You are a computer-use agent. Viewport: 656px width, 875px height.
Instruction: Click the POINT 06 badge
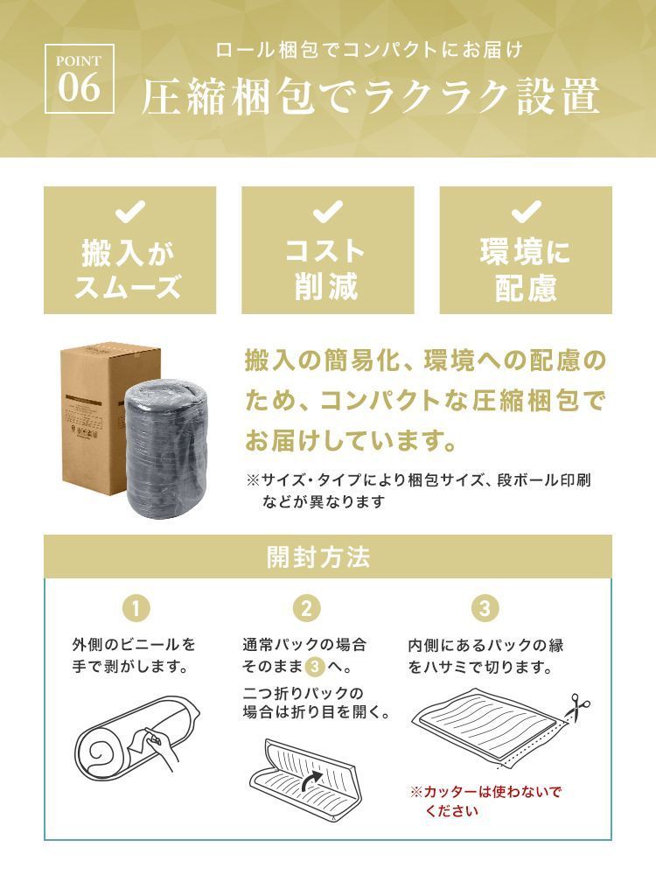pyautogui.click(x=80, y=79)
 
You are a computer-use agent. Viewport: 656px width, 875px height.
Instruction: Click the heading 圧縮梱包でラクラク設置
pyautogui.click(x=370, y=96)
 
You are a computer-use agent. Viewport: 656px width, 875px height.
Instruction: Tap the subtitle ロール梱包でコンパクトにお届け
pyautogui.click(x=369, y=50)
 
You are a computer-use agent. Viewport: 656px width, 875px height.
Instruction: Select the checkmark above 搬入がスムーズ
pyautogui.click(x=129, y=212)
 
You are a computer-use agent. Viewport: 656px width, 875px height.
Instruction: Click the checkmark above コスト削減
pyautogui.click(x=327, y=212)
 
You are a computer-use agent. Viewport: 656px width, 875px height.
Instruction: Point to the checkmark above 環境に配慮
pyautogui.click(x=526, y=212)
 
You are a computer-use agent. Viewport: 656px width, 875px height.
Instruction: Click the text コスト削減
pyautogui.click(x=326, y=269)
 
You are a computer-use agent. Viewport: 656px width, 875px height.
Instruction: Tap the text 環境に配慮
pyautogui.click(x=526, y=269)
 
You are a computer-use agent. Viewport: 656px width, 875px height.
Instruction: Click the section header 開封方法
pyautogui.click(x=318, y=556)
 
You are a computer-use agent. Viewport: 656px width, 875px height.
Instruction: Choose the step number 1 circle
pyautogui.click(x=136, y=608)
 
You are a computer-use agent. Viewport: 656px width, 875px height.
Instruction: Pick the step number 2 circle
pyautogui.click(x=306, y=608)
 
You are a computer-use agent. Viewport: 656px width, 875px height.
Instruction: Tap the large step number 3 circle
pyautogui.click(x=485, y=608)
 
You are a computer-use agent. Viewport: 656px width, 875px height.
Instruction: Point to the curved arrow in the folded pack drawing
pyautogui.click(x=311, y=781)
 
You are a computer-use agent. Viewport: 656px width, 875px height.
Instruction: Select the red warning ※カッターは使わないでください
pyautogui.click(x=485, y=801)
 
